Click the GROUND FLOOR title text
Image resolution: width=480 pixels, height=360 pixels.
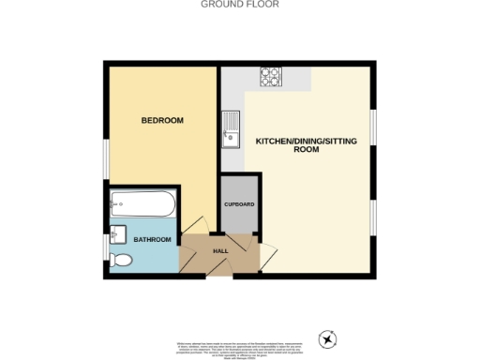coord(240,5)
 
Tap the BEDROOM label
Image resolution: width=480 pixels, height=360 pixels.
coord(162,121)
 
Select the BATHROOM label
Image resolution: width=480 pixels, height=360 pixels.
coord(152,240)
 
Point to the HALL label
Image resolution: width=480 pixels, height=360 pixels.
coord(221,251)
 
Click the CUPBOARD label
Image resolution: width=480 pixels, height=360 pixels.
coord(239,203)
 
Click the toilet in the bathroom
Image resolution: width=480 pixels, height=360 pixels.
coord(119,260)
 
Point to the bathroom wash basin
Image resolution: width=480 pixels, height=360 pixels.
coord(119,232)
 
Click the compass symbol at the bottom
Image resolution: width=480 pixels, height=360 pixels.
coord(327,338)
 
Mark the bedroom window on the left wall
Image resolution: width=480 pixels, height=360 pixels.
coord(105,160)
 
